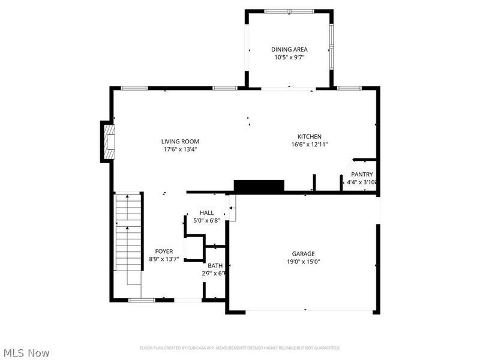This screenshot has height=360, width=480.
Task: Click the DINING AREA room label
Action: (289, 50)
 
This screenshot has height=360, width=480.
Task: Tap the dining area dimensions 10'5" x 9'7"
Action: (289, 58)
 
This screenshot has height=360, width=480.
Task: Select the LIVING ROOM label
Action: (179, 141)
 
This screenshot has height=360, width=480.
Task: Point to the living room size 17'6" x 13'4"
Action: (179, 149)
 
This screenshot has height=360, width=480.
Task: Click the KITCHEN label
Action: (310, 136)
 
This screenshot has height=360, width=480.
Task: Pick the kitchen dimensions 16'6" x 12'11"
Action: (310, 145)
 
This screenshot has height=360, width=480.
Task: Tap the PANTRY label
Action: (361, 175)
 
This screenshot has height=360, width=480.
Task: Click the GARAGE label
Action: (303, 254)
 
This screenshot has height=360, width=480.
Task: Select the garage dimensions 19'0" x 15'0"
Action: (303, 262)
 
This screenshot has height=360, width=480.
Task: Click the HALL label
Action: (206, 213)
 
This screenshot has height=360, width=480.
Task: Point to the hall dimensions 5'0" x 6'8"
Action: (206, 221)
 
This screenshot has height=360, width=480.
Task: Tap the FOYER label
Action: (164, 251)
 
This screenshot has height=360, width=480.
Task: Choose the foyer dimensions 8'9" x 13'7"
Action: (164, 260)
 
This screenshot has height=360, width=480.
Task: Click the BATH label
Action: (214, 266)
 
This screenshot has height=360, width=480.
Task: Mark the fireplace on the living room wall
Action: (107, 141)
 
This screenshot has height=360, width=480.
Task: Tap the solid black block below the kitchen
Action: (259, 186)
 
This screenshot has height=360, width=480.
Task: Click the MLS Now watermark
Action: (26, 353)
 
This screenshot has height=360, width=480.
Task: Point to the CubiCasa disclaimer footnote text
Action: (240, 348)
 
